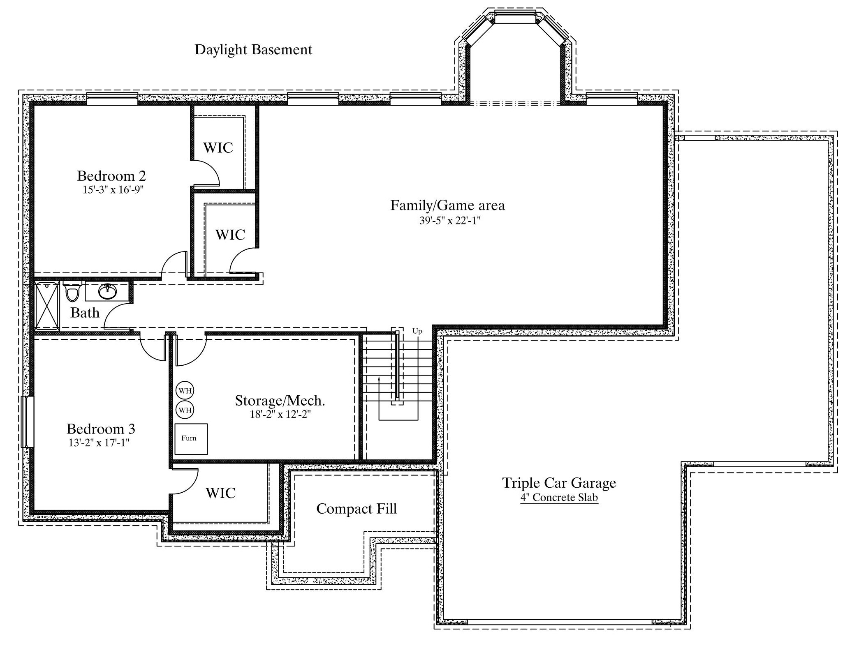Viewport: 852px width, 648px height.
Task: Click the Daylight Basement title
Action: (x=253, y=50)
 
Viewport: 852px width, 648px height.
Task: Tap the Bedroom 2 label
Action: (x=111, y=176)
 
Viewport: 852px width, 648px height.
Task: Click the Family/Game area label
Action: (x=447, y=205)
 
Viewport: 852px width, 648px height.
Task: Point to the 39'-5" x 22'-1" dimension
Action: (x=450, y=221)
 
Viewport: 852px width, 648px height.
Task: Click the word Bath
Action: (x=85, y=313)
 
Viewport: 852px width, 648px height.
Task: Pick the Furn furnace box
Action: (x=191, y=439)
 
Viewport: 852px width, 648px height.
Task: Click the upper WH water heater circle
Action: (x=185, y=390)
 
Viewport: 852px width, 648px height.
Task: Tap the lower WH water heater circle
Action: (x=185, y=410)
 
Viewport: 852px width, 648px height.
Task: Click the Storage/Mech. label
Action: (x=280, y=401)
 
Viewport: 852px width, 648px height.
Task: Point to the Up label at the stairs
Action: (x=417, y=331)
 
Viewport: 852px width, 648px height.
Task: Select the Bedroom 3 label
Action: (x=101, y=429)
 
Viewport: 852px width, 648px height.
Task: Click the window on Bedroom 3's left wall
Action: (x=27, y=422)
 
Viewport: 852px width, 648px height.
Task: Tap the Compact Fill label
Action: (x=357, y=509)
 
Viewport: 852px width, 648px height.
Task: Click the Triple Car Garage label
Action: (x=559, y=483)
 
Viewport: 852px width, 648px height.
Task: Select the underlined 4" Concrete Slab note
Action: (x=559, y=498)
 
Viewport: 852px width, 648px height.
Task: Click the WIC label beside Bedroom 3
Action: (x=220, y=493)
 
